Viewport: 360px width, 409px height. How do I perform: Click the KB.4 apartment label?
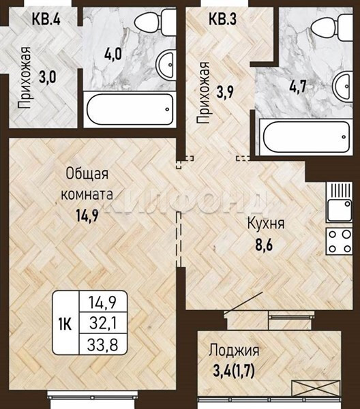(46, 19)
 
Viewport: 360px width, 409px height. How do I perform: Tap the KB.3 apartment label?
(222, 19)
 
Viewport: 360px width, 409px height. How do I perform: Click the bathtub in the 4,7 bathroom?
(306, 137)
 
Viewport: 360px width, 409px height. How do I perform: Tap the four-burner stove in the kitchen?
(339, 241)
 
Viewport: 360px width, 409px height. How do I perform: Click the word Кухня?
(265, 224)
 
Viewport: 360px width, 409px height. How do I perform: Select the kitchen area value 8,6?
(264, 245)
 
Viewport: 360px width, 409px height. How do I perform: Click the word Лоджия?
(234, 351)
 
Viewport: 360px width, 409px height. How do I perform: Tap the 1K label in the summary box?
(65, 325)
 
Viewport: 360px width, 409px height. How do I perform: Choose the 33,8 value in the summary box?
(102, 344)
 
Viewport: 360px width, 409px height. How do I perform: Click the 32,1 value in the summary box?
(103, 323)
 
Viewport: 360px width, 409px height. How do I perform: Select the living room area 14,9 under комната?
(87, 215)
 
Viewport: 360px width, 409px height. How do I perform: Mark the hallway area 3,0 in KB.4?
(48, 78)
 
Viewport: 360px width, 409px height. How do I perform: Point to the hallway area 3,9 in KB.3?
(225, 92)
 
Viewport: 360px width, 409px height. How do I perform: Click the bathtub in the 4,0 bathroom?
(130, 110)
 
